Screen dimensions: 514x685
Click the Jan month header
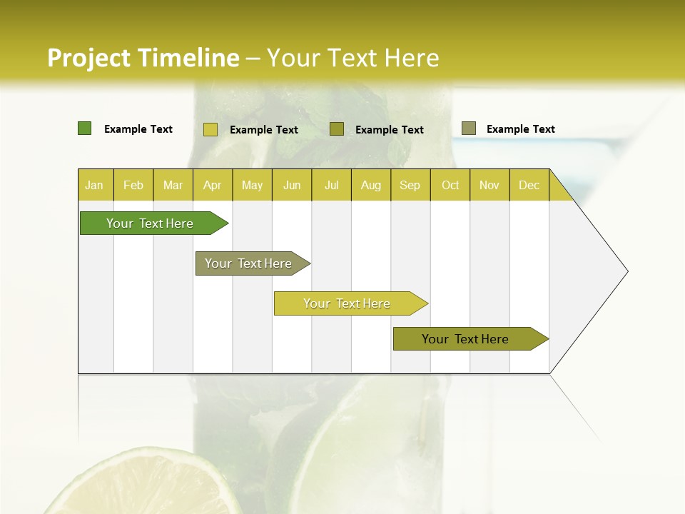click(94, 185)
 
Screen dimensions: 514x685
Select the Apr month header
click(212, 185)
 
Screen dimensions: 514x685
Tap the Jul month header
click(331, 185)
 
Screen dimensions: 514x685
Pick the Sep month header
click(410, 185)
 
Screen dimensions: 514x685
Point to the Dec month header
click(529, 185)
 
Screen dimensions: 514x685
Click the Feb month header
click(133, 185)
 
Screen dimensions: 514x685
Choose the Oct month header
click(450, 185)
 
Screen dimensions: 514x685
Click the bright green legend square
click(84, 128)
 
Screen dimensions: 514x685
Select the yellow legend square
click(210, 129)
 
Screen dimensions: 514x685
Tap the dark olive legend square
click(337, 129)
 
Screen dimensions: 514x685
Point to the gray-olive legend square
click(469, 128)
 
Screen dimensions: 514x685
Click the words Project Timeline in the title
click(143, 58)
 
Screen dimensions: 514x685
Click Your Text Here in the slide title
click(352, 58)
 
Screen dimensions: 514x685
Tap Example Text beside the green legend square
click(138, 129)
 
